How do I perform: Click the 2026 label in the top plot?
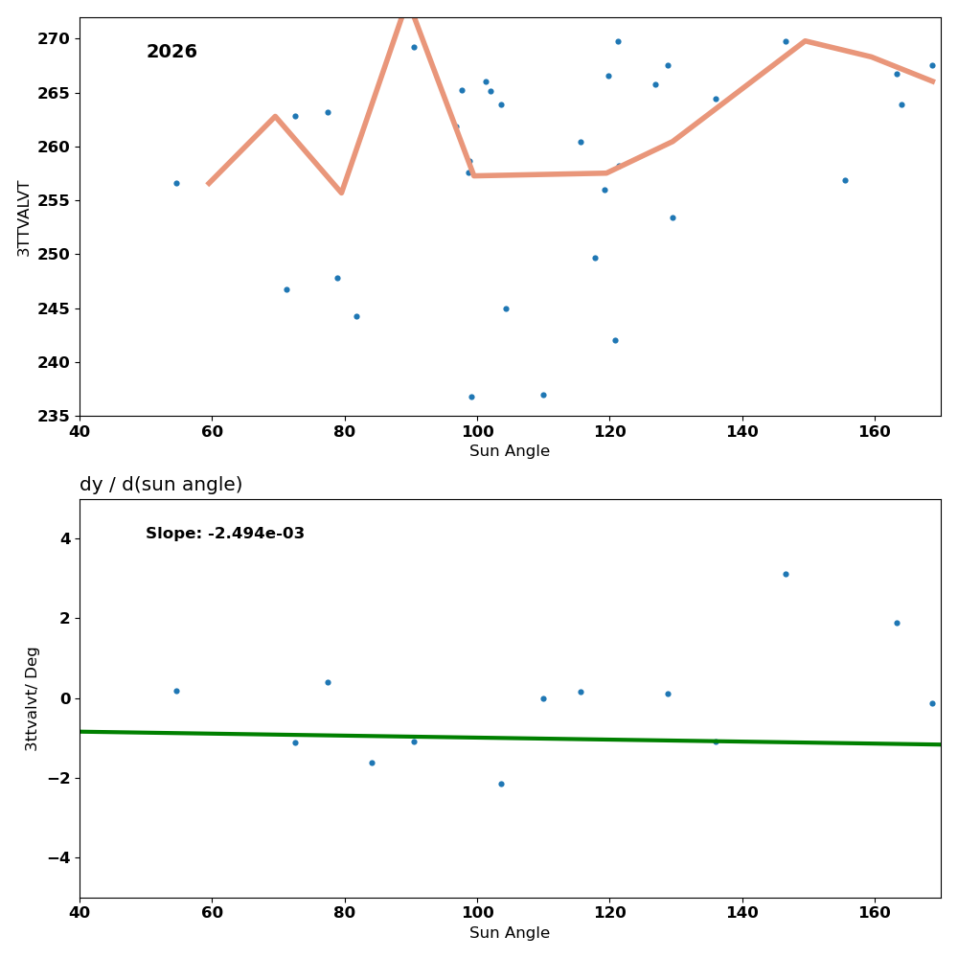point(171,52)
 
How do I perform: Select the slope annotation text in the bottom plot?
point(225,534)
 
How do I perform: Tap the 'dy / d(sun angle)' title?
point(161,485)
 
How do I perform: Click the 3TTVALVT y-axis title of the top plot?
point(24,217)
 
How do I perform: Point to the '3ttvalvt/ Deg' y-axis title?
point(32,698)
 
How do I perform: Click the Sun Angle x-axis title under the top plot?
point(510,451)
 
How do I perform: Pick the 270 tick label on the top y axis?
point(54,38)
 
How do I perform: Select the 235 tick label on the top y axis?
point(54,416)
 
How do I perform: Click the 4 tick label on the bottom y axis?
point(65,538)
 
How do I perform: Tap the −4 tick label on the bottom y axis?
point(58,857)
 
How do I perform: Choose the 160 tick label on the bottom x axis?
point(875,913)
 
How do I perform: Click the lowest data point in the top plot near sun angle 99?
point(471,397)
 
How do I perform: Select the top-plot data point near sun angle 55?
point(176,183)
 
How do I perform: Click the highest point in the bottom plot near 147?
point(786,574)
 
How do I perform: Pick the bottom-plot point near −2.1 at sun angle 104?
point(501,784)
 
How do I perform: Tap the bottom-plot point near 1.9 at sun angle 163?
point(897,623)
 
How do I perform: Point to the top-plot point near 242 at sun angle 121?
point(615,340)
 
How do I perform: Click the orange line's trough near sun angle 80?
point(341,193)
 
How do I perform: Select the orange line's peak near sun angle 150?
point(805,40)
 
